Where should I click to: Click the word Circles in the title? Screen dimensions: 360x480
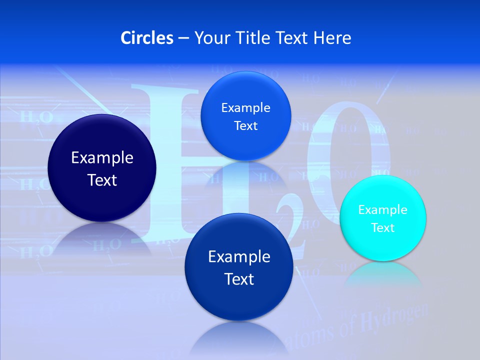coord(146,37)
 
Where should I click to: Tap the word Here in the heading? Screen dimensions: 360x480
coord(332,37)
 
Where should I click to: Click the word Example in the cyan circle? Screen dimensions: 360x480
coord(383,210)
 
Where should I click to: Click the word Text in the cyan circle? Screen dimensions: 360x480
coord(383,228)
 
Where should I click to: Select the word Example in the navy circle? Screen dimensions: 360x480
coord(102,158)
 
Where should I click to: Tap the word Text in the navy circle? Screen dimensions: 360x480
coord(102,180)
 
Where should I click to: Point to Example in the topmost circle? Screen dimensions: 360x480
coord(245,108)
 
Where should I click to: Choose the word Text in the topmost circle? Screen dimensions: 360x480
coord(245,126)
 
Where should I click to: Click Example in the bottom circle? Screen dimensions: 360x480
coord(239,257)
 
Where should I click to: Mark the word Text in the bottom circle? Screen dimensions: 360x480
coord(239,279)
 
